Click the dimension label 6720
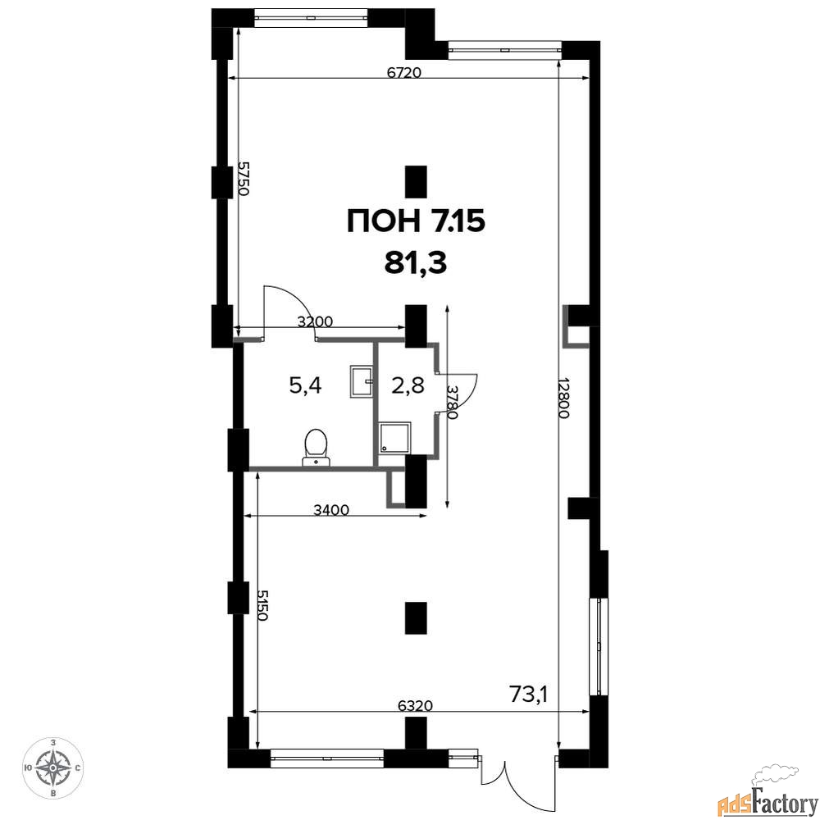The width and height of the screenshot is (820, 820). pyautogui.click(x=403, y=72)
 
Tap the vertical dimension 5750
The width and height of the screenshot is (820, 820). pyautogui.click(x=243, y=178)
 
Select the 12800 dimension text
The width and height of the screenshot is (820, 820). pyautogui.click(x=563, y=398)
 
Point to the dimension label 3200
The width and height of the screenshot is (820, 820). pyautogui.click(x=315, y=321)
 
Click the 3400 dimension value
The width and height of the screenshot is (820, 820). pyautogui.click(x=331, y=509)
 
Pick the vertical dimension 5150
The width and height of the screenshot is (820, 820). pyautogui.click(x=262, y=605)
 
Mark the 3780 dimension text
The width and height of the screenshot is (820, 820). pyautogui.click(x=452, y=402)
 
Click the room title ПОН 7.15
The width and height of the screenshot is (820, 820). pyautogui.click(x=417, y=221)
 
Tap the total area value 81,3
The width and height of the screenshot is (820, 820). pyautogui.click(x=416, y=263)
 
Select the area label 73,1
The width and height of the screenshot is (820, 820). pyautogui.click(x=527, y=694)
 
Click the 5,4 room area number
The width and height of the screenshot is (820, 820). pyautogui.click(x=305, y=386)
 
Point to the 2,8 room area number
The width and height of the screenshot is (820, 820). pyautogui.click(x=408, y=386)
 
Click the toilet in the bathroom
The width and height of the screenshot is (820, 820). pyautogui.click(x=316, y=447)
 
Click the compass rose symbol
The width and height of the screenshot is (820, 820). pyautogui.click(x=52, y=768)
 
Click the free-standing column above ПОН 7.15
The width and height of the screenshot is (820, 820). pyautogui.click(x=416, y=181)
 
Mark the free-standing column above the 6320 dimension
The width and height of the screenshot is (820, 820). pyautogui.click(x=416, y=617)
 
